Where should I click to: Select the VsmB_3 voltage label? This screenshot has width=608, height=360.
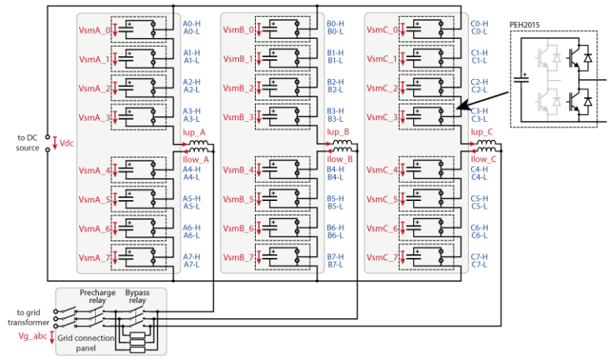(239, 117)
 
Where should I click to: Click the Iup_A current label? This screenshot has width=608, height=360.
(193, 132)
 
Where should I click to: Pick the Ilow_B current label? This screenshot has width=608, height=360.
(339, 159)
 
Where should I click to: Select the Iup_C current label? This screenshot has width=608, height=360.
(482, 132)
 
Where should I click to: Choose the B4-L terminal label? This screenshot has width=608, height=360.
(336, 176)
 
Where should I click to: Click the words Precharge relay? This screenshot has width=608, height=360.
(97, 297)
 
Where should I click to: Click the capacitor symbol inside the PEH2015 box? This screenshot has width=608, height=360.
(522, 78)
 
